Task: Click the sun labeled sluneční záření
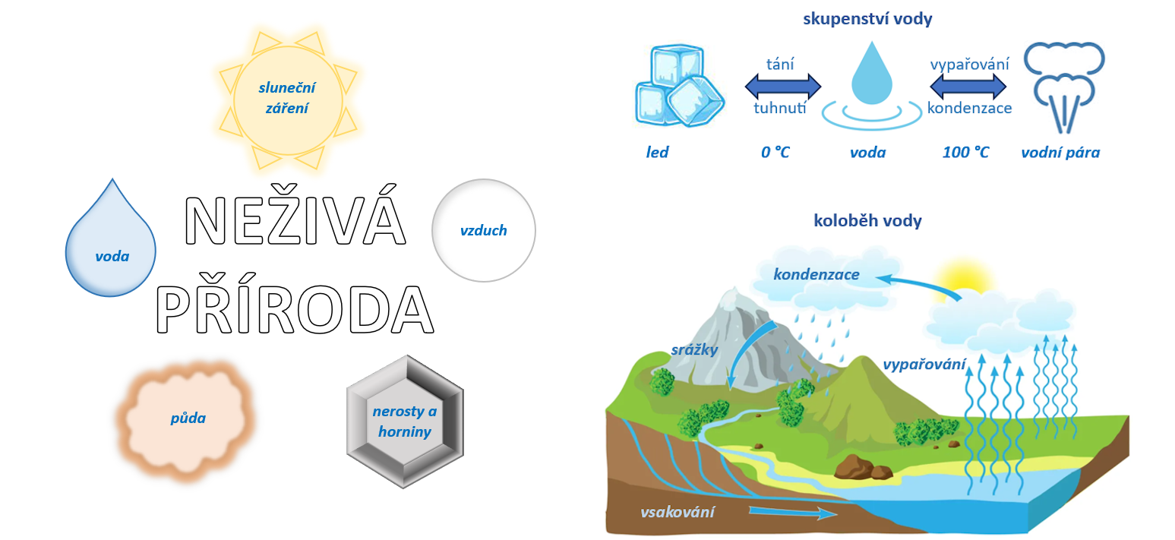(287, 99)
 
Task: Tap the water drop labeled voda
(111, 243)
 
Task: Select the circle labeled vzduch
(483, 230)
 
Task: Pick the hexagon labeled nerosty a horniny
(404, 422)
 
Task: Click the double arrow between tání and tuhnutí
(783, 87)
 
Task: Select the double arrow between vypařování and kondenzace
(968, 87)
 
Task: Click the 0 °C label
(775, 153)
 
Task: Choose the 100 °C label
(965, 153)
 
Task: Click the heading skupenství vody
(867, 20)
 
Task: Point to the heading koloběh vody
(867, 221)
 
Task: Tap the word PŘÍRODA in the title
(295, 309)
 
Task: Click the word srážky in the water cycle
(694, 350)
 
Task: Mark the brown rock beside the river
(863, 466)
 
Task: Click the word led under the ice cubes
(657, 153)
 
